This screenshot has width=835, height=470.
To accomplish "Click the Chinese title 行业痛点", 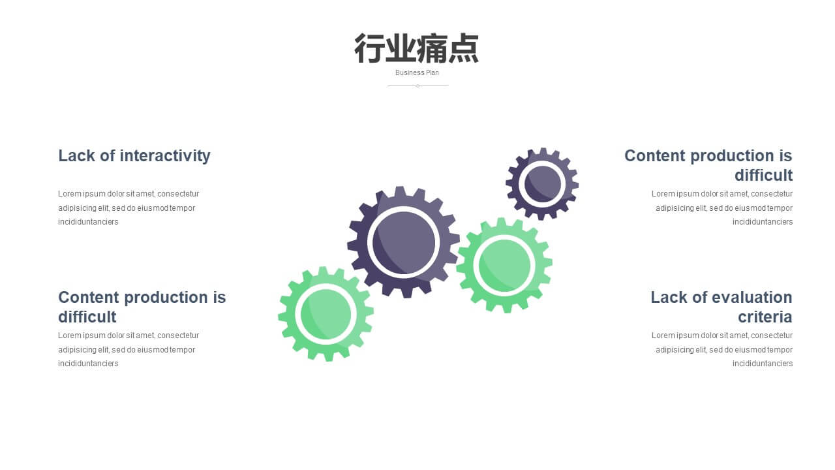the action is coord(416,48).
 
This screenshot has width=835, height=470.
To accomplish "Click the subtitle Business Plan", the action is coord(417,72).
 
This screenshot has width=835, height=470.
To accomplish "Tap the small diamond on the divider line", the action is coord(417,86).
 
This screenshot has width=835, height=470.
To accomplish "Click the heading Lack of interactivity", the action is coord(134,156).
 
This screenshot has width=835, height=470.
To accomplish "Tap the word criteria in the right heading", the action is coord(765,317).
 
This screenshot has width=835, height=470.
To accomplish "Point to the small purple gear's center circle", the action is coord(543,184).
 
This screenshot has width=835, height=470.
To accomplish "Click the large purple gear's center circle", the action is coord(403,242).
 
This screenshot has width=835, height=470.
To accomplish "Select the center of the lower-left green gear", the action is coord(326,314).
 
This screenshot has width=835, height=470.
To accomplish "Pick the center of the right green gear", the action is coord(504,266).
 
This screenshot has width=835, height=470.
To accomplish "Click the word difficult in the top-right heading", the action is coord(763,176).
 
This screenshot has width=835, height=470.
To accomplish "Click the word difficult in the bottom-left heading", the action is coord(87,317).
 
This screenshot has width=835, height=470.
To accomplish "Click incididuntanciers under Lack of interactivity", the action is coord(88,222).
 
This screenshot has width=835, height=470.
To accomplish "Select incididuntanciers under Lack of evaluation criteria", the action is coord(763,364).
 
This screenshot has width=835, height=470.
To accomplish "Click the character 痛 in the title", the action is coord(432,48).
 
